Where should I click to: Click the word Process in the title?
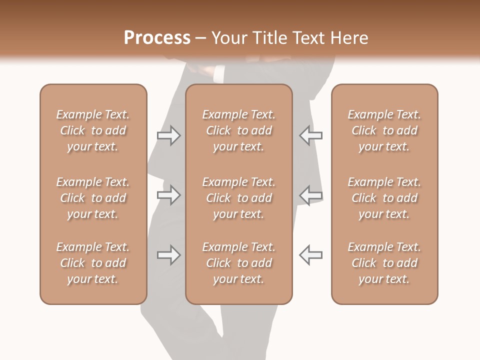point(157,38)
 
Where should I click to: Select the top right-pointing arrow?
point(168,135)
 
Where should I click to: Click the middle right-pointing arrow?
point(168,195)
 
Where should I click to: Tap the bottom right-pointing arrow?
point(168,255)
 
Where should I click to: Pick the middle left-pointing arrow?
point(310,195)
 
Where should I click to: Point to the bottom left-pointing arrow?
point(310,255)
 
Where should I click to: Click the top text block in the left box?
point(93,130)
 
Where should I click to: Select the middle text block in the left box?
point(93,198)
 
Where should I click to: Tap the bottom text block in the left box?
point(93,263)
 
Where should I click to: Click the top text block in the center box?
point(239,130)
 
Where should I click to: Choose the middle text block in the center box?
point(239,198)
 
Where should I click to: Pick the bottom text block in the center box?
point(239,263)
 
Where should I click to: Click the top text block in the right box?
point(384,130)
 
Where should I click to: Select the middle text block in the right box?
point(384,198)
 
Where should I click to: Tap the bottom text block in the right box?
point(384,263)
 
